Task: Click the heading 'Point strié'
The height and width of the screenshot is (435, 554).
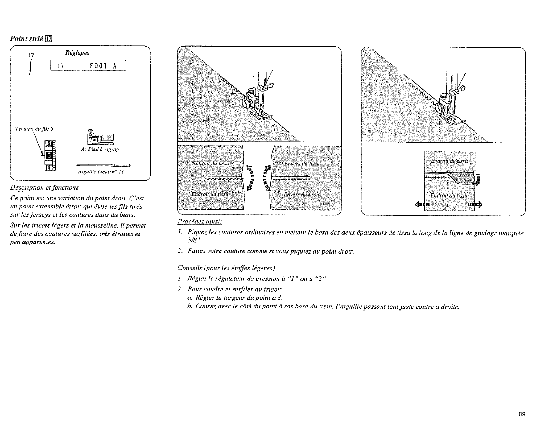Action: pos(27,38)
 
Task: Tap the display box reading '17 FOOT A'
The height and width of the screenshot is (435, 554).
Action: pos(88,66)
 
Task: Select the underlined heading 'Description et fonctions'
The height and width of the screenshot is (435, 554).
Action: pos(44,187)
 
